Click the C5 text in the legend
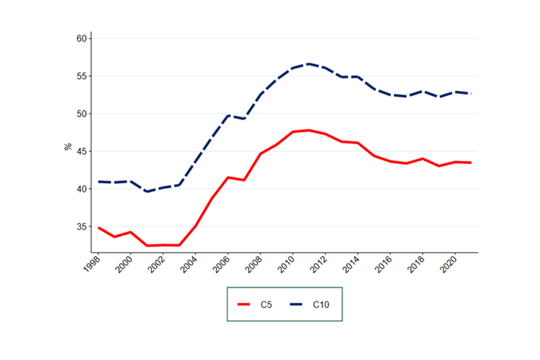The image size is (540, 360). click(266, 304)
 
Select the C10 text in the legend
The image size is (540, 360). click(321, 304)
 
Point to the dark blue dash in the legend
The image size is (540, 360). click(296, 304)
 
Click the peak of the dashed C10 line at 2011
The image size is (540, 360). click(309, 64)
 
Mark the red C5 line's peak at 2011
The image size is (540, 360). click(309, 130)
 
